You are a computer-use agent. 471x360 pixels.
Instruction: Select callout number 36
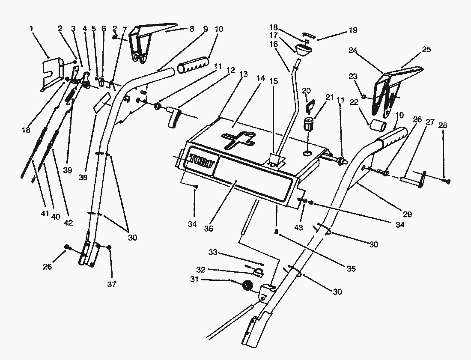point(208,229)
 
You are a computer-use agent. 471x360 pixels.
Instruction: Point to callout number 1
point(31,29)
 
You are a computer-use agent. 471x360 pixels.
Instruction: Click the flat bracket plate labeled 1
point(53,73)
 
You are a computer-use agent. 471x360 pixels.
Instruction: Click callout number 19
point(353,31)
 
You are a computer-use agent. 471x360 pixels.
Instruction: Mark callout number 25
point(426,50)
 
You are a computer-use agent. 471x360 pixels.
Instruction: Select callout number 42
point(68,223)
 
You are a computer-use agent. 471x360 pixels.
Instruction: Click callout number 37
point(111,284)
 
